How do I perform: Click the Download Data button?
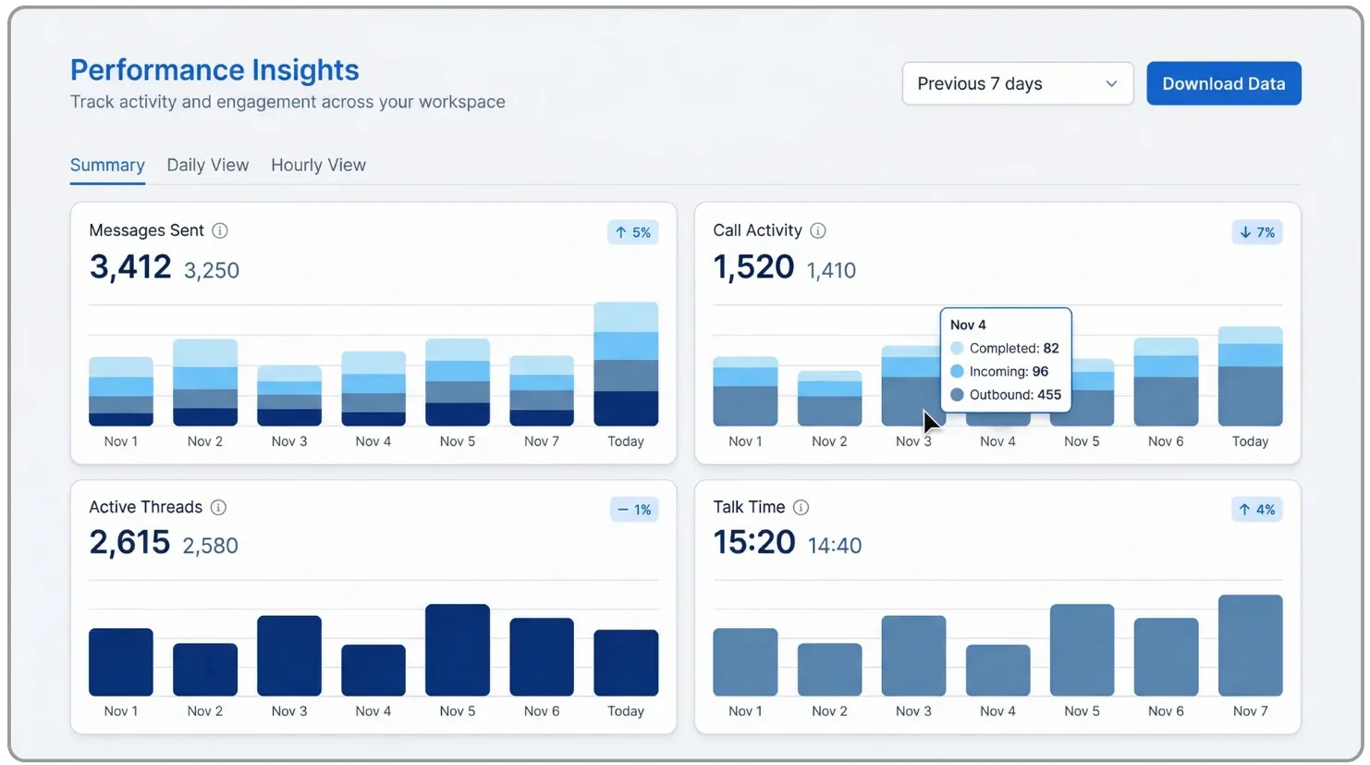1223,83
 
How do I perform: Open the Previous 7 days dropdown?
1018,83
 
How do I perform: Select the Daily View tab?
208,165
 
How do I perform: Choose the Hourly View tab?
318,165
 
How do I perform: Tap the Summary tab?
107,165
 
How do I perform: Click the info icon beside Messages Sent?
220,230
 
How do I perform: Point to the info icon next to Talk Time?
801,507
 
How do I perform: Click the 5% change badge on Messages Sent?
633,232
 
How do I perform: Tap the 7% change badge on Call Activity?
1257,232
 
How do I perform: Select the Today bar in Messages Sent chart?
626,364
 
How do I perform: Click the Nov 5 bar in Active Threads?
458,650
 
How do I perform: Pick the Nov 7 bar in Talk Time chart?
1250,645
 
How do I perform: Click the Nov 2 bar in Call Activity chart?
829,399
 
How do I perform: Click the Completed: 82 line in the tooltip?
1005,348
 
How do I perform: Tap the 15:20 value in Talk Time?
754,542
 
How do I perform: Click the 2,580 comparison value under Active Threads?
211,545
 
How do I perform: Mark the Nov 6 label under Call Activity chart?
1166,441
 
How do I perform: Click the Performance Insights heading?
214,69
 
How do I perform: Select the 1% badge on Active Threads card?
634,509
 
